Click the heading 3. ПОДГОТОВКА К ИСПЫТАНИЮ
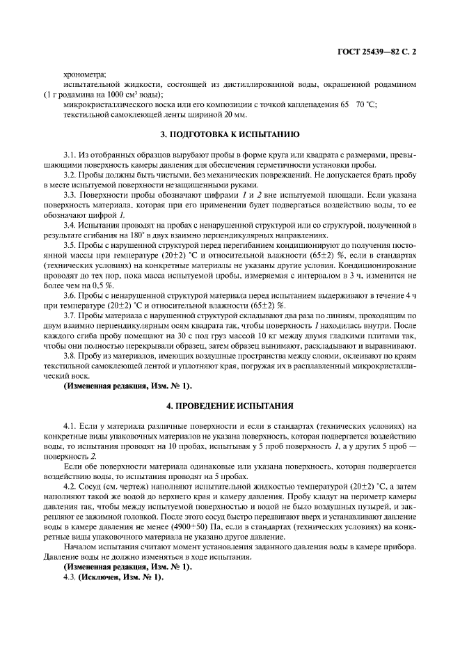click(230, 132)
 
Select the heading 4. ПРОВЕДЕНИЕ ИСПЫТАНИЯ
click(230, 405)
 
